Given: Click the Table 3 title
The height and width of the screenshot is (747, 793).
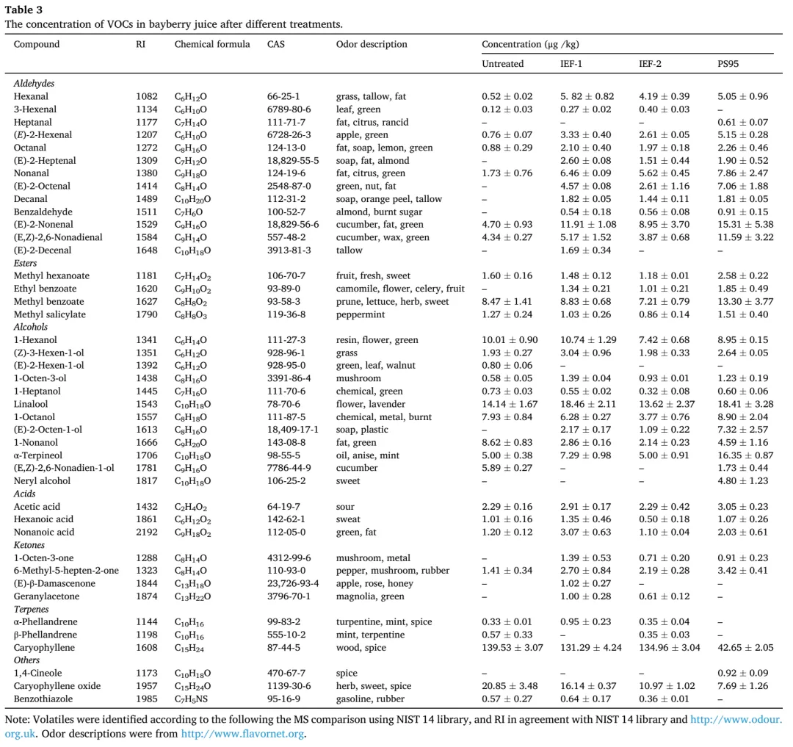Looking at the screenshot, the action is [23, 10].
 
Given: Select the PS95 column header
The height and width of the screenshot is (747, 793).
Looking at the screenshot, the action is [728, 64].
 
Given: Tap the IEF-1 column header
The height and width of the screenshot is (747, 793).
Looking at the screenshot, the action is [571, 64].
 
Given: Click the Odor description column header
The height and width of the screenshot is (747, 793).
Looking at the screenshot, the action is [372, 44].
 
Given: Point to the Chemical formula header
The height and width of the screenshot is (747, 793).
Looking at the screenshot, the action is [212, 44].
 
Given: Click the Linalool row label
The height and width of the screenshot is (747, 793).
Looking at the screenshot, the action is [30, 404].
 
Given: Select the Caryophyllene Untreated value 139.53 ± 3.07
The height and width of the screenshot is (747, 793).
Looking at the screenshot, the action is [512, 647].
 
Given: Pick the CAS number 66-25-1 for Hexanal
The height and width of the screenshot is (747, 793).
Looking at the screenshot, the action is [283, 96].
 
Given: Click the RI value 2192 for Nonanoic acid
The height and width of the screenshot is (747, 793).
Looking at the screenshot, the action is [146, 532].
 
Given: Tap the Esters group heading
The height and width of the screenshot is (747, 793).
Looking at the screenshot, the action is [25, 263].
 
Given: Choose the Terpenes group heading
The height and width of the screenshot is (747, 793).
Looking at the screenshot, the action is [31, 610].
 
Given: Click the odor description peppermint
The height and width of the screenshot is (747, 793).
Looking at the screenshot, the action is [360, 314].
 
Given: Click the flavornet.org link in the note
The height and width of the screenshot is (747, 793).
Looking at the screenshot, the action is [243, 733].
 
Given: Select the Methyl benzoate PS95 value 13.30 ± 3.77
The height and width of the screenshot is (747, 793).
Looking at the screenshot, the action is [745, 301].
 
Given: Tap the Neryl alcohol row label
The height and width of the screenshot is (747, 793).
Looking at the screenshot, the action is [42, 481].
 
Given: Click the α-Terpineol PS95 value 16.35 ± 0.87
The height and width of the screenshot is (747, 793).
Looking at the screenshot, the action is [745, 455].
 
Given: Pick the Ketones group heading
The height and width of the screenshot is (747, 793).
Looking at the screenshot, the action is [29, 545].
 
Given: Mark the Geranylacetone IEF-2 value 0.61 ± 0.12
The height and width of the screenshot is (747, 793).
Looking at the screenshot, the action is [664, 596].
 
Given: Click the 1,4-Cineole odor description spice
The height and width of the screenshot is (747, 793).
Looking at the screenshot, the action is [347, 674].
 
